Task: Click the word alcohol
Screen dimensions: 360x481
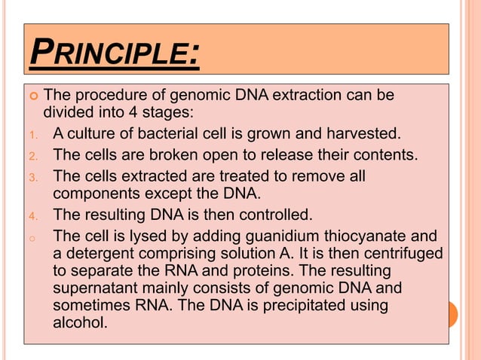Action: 81,325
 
